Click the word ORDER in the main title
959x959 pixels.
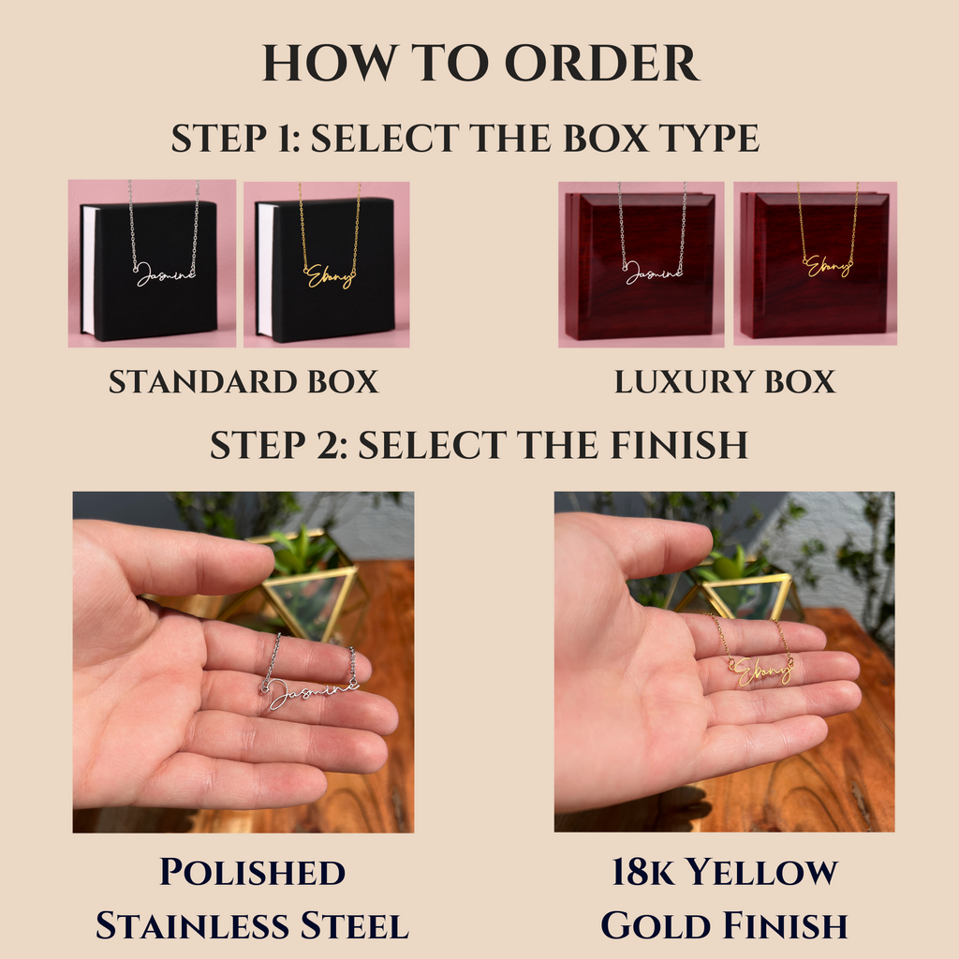pyautogui.click(x=602, y=63)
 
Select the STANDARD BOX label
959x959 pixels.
pyautogui.click(x=243, y=382)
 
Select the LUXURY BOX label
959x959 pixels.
pyautogui.click(x=725, y=382)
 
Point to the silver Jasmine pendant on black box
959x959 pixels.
pyautogui.click(x=165, y=273)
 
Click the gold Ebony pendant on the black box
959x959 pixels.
pyautogui.click(x=330, y=276)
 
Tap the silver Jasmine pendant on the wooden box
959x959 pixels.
pyautogui.click(x=653, y=273)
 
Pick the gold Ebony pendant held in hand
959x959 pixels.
pyautogui.click(x=762, y=671)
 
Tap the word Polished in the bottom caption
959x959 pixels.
pyautogui.click(x=253, y=872)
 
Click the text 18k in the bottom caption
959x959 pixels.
pyautogui.click(x=642, y=872)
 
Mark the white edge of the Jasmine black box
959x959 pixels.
pyautogui.click(x=89, y=271)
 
